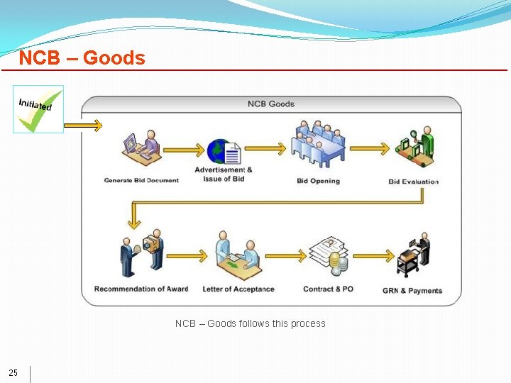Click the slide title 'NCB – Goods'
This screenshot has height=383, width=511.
click(x=82, y=57)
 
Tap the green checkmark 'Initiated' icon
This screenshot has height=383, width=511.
click(x=38, y=109)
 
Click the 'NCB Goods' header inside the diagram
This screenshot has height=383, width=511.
click(x=270, y=104)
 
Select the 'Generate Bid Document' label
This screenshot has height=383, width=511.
click(x=141, y=180)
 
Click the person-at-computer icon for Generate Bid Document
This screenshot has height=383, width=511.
click(x=141, y=147)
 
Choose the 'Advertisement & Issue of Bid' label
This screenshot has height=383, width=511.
click(x=224, y=174)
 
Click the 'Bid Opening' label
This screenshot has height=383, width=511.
click(x=318, y=181)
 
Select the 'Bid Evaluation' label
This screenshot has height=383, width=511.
click(x=414, y=182)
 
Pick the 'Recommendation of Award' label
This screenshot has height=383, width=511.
click(x=141, y=289)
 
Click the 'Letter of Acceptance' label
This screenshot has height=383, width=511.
click(x=238, y=289)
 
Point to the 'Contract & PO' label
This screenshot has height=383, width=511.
click(x=328, y=289)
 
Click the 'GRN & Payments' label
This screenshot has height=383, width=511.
click(x=412, y=291)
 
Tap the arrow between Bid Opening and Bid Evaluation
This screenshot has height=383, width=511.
click(x=369, y=149)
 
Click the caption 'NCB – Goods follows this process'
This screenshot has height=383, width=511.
click(x=250, y=323)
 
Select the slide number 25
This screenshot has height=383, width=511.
click(x=13, y=373)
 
